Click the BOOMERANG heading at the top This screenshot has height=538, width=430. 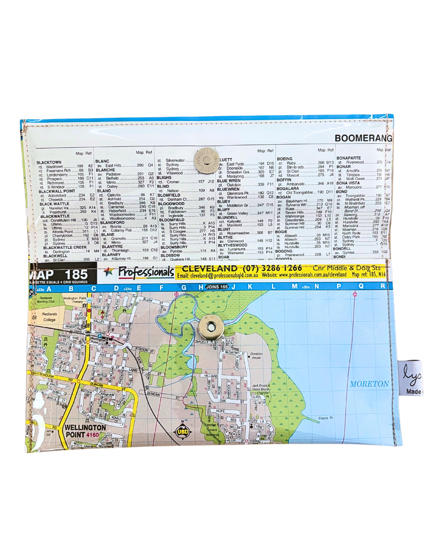(363, 138)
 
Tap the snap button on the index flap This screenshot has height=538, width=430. (205, 161)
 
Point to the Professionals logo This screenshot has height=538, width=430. (146, 272)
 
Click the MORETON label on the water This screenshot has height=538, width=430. (369, 384)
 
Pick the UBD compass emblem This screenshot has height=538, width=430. (183, 431)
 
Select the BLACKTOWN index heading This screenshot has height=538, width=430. (49, 163)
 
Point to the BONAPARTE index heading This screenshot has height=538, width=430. (348, 158)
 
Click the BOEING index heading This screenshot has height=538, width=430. (285, 159)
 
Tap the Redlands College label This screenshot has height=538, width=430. (50, 317)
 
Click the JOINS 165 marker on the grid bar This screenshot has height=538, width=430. (217, 287)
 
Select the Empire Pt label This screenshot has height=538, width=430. (325, 418)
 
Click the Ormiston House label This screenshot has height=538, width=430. (256, 355)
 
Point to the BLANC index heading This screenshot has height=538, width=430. (102, 161)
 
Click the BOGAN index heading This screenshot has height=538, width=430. (283, 197)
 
